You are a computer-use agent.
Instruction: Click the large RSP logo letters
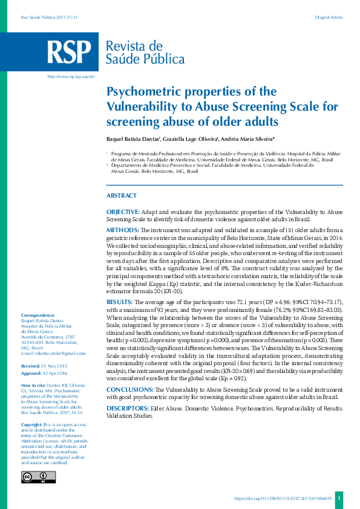tap(71, 53)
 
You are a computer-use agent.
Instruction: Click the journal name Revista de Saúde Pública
tap(145, 53)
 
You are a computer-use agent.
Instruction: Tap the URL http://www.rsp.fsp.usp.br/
tap(71, 77)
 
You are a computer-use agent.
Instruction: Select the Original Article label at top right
tap(329, 17)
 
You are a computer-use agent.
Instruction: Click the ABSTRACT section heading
tap(122, 196)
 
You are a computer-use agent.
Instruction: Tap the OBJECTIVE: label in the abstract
tap(123, 212)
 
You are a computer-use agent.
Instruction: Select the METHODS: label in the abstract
tap(123, 230)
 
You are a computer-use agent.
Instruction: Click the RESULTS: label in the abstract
tap(121, 300)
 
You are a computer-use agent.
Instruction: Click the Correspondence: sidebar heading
tap(38, 316)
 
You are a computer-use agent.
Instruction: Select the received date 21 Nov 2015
tap(55, 366)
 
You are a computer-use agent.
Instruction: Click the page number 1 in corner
tap(339, 498)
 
